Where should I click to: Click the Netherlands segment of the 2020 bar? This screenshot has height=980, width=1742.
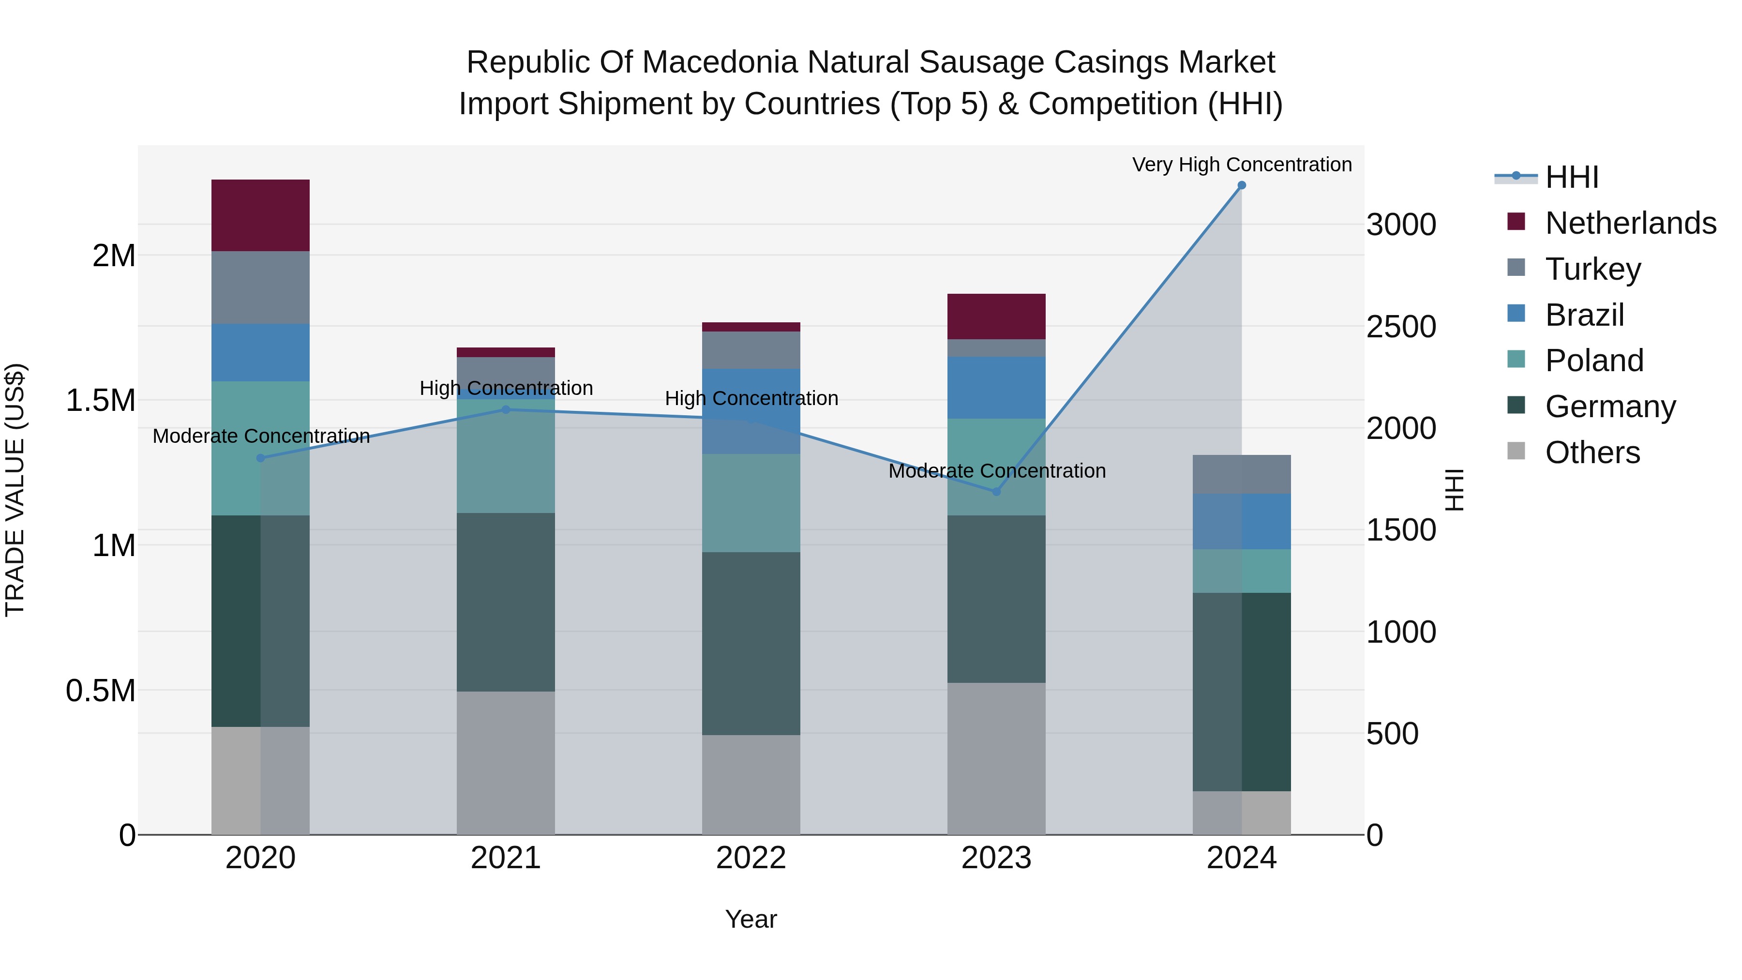pos(260,215)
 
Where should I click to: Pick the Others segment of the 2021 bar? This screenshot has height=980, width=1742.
pos(505,762)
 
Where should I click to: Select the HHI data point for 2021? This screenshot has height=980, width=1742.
pos(505,409)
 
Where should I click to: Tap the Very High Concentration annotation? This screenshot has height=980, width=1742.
pos(1242,165)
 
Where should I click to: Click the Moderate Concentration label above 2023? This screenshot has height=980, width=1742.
pos(996,471)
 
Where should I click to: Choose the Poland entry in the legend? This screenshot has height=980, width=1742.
pos(1593,361)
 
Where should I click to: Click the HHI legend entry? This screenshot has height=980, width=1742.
pos(1571,177)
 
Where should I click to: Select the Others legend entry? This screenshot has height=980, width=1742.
pos(1592,452)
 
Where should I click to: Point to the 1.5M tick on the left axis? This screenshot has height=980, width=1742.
pos(100,400)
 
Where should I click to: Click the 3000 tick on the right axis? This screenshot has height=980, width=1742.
pos(1400,225)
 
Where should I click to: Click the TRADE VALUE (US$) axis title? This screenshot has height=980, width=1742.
pos(15,490)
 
